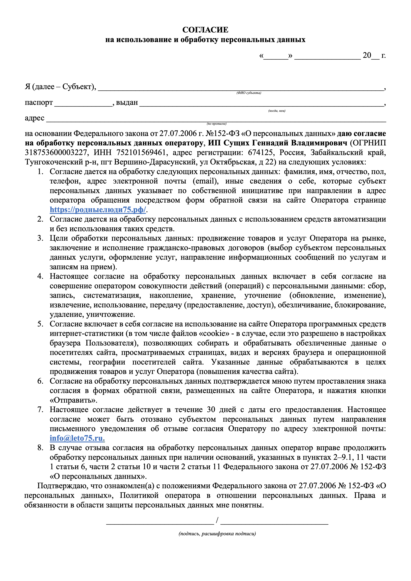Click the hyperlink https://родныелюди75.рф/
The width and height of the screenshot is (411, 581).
tap(98, 210)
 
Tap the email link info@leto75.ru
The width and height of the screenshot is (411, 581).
tap(77, 438)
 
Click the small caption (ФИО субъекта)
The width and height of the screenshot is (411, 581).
tap(249, 93)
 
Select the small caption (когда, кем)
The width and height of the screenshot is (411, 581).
tap(277, 111)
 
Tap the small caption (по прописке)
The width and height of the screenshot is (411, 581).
tap(217, 124)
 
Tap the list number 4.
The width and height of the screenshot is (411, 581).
tap(40, 276)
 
